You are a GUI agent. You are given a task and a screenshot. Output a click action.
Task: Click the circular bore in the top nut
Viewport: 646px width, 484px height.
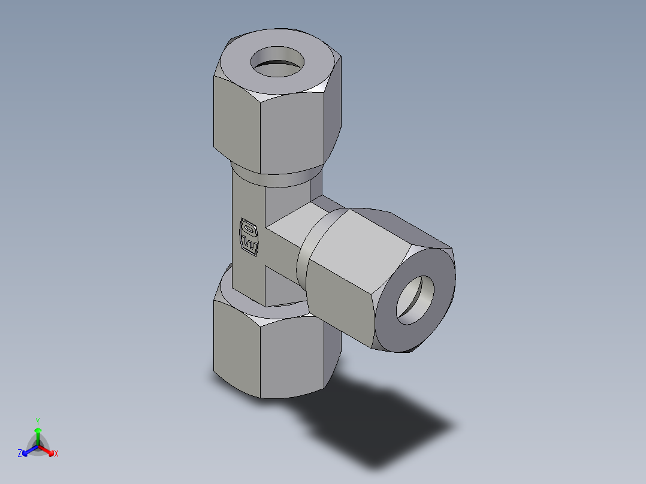point(277,63)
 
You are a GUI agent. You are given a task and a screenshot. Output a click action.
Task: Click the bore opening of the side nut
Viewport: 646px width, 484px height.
point(418,301)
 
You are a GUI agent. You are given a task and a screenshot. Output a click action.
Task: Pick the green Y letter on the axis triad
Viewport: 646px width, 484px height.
point(37,421)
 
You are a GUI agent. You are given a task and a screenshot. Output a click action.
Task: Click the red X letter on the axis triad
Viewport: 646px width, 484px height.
point(56,454)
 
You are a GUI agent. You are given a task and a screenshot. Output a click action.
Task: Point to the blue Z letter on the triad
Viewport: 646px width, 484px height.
point(20,454)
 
